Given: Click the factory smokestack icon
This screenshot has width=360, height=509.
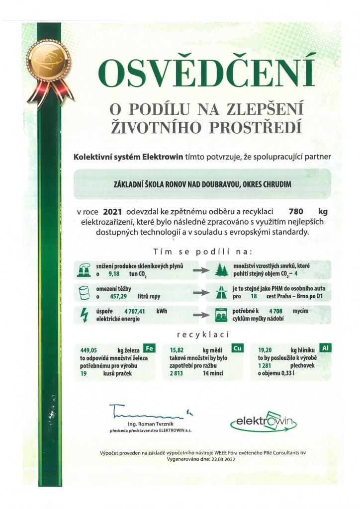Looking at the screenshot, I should click(x=83, y=270).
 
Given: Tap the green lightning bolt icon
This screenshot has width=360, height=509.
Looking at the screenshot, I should click(x=83, y=314).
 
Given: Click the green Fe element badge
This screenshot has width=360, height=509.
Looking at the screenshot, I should click(x=148, y=348).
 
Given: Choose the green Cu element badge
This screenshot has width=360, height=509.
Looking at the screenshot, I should click(x=238, y=348).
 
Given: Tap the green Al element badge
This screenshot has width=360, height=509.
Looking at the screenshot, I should click(x=326, y=348).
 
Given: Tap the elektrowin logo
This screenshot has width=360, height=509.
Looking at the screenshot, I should click(x=264, y=422).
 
